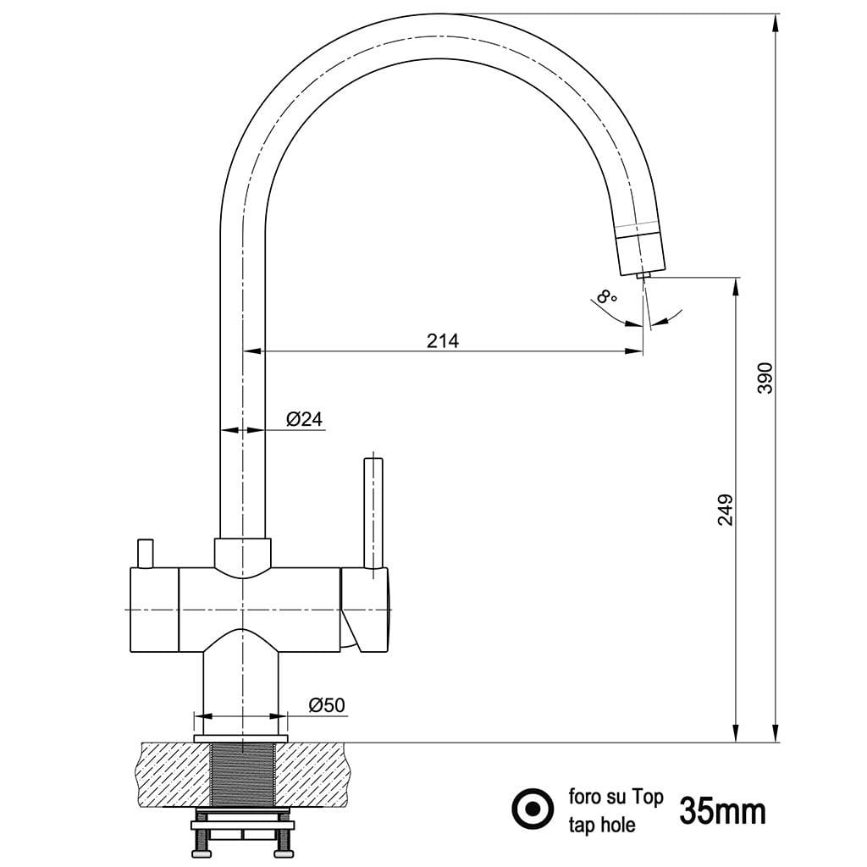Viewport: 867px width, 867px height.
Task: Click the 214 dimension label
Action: (x=442, y=340)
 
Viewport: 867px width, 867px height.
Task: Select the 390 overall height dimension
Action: (x=765, y=378)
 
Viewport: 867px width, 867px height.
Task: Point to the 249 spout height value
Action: (x=726, y=510)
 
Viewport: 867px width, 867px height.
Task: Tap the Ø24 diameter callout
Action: (x=304, y=419)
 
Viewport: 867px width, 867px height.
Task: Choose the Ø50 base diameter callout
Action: (x=326, y=705)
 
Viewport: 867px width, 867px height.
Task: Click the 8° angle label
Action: (x=607, y=296)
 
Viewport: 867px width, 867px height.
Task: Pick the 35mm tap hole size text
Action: (x=722, y=811)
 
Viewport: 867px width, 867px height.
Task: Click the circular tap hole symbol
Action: (x=533, y=809)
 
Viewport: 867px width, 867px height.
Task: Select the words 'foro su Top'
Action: (x=616, y=797)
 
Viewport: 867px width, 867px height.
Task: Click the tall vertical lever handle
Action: (x=373, y=512)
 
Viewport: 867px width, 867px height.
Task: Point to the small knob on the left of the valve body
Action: (x=146, y=553)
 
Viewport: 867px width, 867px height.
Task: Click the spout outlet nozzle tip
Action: (x=643, y=275)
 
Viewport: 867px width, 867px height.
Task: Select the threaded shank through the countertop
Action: (x=243, y=774)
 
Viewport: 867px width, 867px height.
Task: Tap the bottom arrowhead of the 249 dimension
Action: (x=736, y=732)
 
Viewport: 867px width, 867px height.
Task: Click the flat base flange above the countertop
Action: (x=241, y=738)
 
